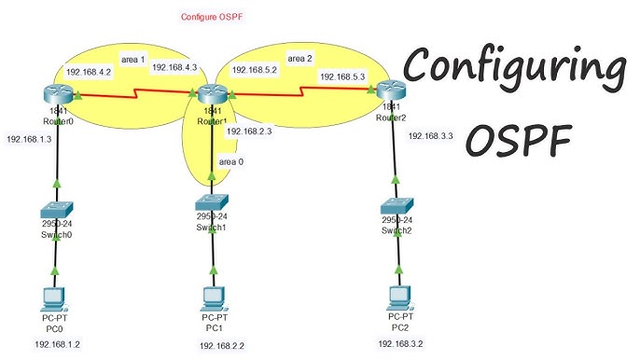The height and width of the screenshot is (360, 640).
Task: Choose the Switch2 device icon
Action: click(396, 207)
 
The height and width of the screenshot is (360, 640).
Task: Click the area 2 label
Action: click(300, 58)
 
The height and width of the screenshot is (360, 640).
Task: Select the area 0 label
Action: click(231, 161)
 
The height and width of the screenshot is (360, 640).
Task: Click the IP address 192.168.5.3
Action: click(343, 77)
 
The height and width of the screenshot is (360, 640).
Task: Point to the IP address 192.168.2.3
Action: click(249, 132)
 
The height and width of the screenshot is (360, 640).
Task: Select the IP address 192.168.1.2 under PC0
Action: click(59, 344)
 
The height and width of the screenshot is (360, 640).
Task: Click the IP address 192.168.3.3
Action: click(430, 136)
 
